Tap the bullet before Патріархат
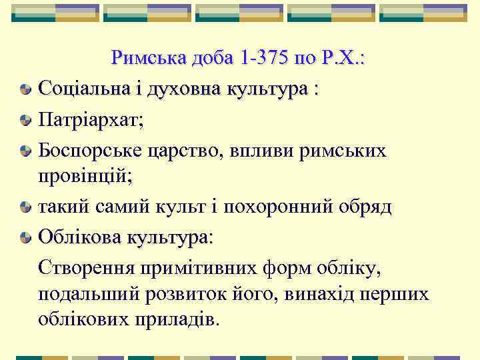(x=25, y=121)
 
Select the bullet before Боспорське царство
(x=25, y=150)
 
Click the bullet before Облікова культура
(x=25, y=237)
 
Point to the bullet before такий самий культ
(x=25, y=208)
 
